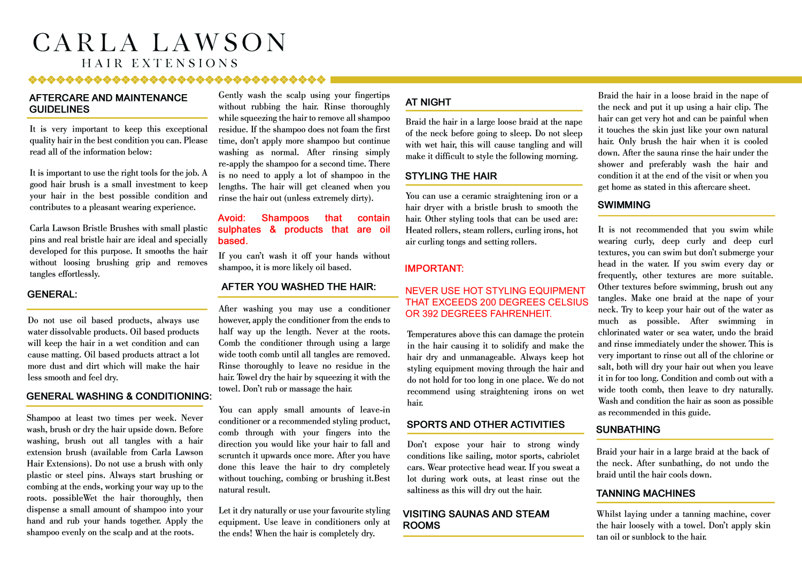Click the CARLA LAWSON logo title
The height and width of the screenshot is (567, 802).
(x=159, y=43)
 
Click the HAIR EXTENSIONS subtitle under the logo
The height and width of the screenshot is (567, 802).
(x=160, y=64)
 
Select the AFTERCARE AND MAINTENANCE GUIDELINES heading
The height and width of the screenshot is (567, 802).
(x=108, y=104)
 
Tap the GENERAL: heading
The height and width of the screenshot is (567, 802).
(x=52, y=295)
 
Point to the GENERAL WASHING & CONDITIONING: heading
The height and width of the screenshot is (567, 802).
(x=119, y=396)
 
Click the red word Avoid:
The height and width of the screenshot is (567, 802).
(x=232, y=218)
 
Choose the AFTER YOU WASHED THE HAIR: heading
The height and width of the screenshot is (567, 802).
(x=298, y=287)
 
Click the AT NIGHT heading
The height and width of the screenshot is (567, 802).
(x=428, y=102)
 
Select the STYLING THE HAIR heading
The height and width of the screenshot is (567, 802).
(x=451, y=177)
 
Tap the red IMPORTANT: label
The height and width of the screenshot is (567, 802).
(x=434, y=269)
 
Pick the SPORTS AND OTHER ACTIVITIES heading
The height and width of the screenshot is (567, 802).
(x=485, y=425)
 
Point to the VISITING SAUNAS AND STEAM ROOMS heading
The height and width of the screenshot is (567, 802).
(x=476, y=520)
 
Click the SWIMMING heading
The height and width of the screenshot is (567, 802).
(x=624, y=205)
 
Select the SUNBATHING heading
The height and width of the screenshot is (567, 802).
(x=628, y=430)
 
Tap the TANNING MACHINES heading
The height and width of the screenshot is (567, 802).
(x=646, y=494)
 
